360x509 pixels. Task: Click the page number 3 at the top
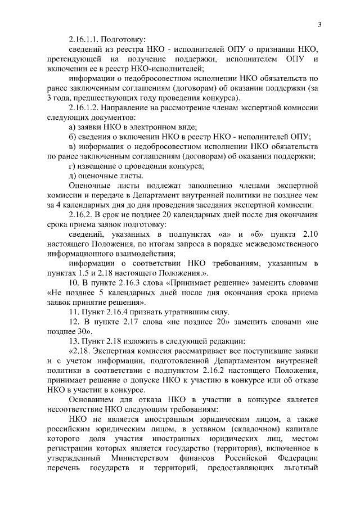(x=319, y=24)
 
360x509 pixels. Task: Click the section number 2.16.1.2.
(x=86, y=107)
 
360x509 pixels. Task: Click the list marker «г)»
(x=72, y=166)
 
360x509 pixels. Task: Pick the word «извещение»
(x=102, y=166)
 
